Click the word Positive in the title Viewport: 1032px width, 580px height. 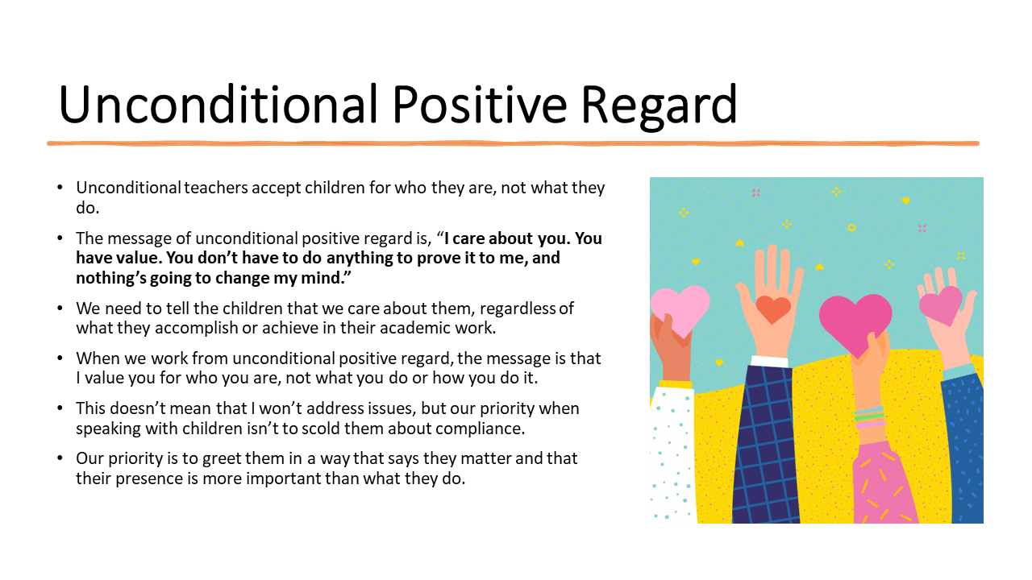(480, 104)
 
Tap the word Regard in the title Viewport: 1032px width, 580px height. (660, 107)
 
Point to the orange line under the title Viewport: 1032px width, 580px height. (513, 143)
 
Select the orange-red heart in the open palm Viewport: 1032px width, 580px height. (773, 309)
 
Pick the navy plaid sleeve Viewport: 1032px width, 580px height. (766, 444)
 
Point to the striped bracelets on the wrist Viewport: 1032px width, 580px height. (869, 417)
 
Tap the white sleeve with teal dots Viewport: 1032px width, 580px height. (672, 454)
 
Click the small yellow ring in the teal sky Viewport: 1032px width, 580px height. (851, 227)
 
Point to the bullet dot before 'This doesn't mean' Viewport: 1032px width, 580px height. (60, 408)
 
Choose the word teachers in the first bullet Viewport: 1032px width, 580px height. (216, 188)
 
